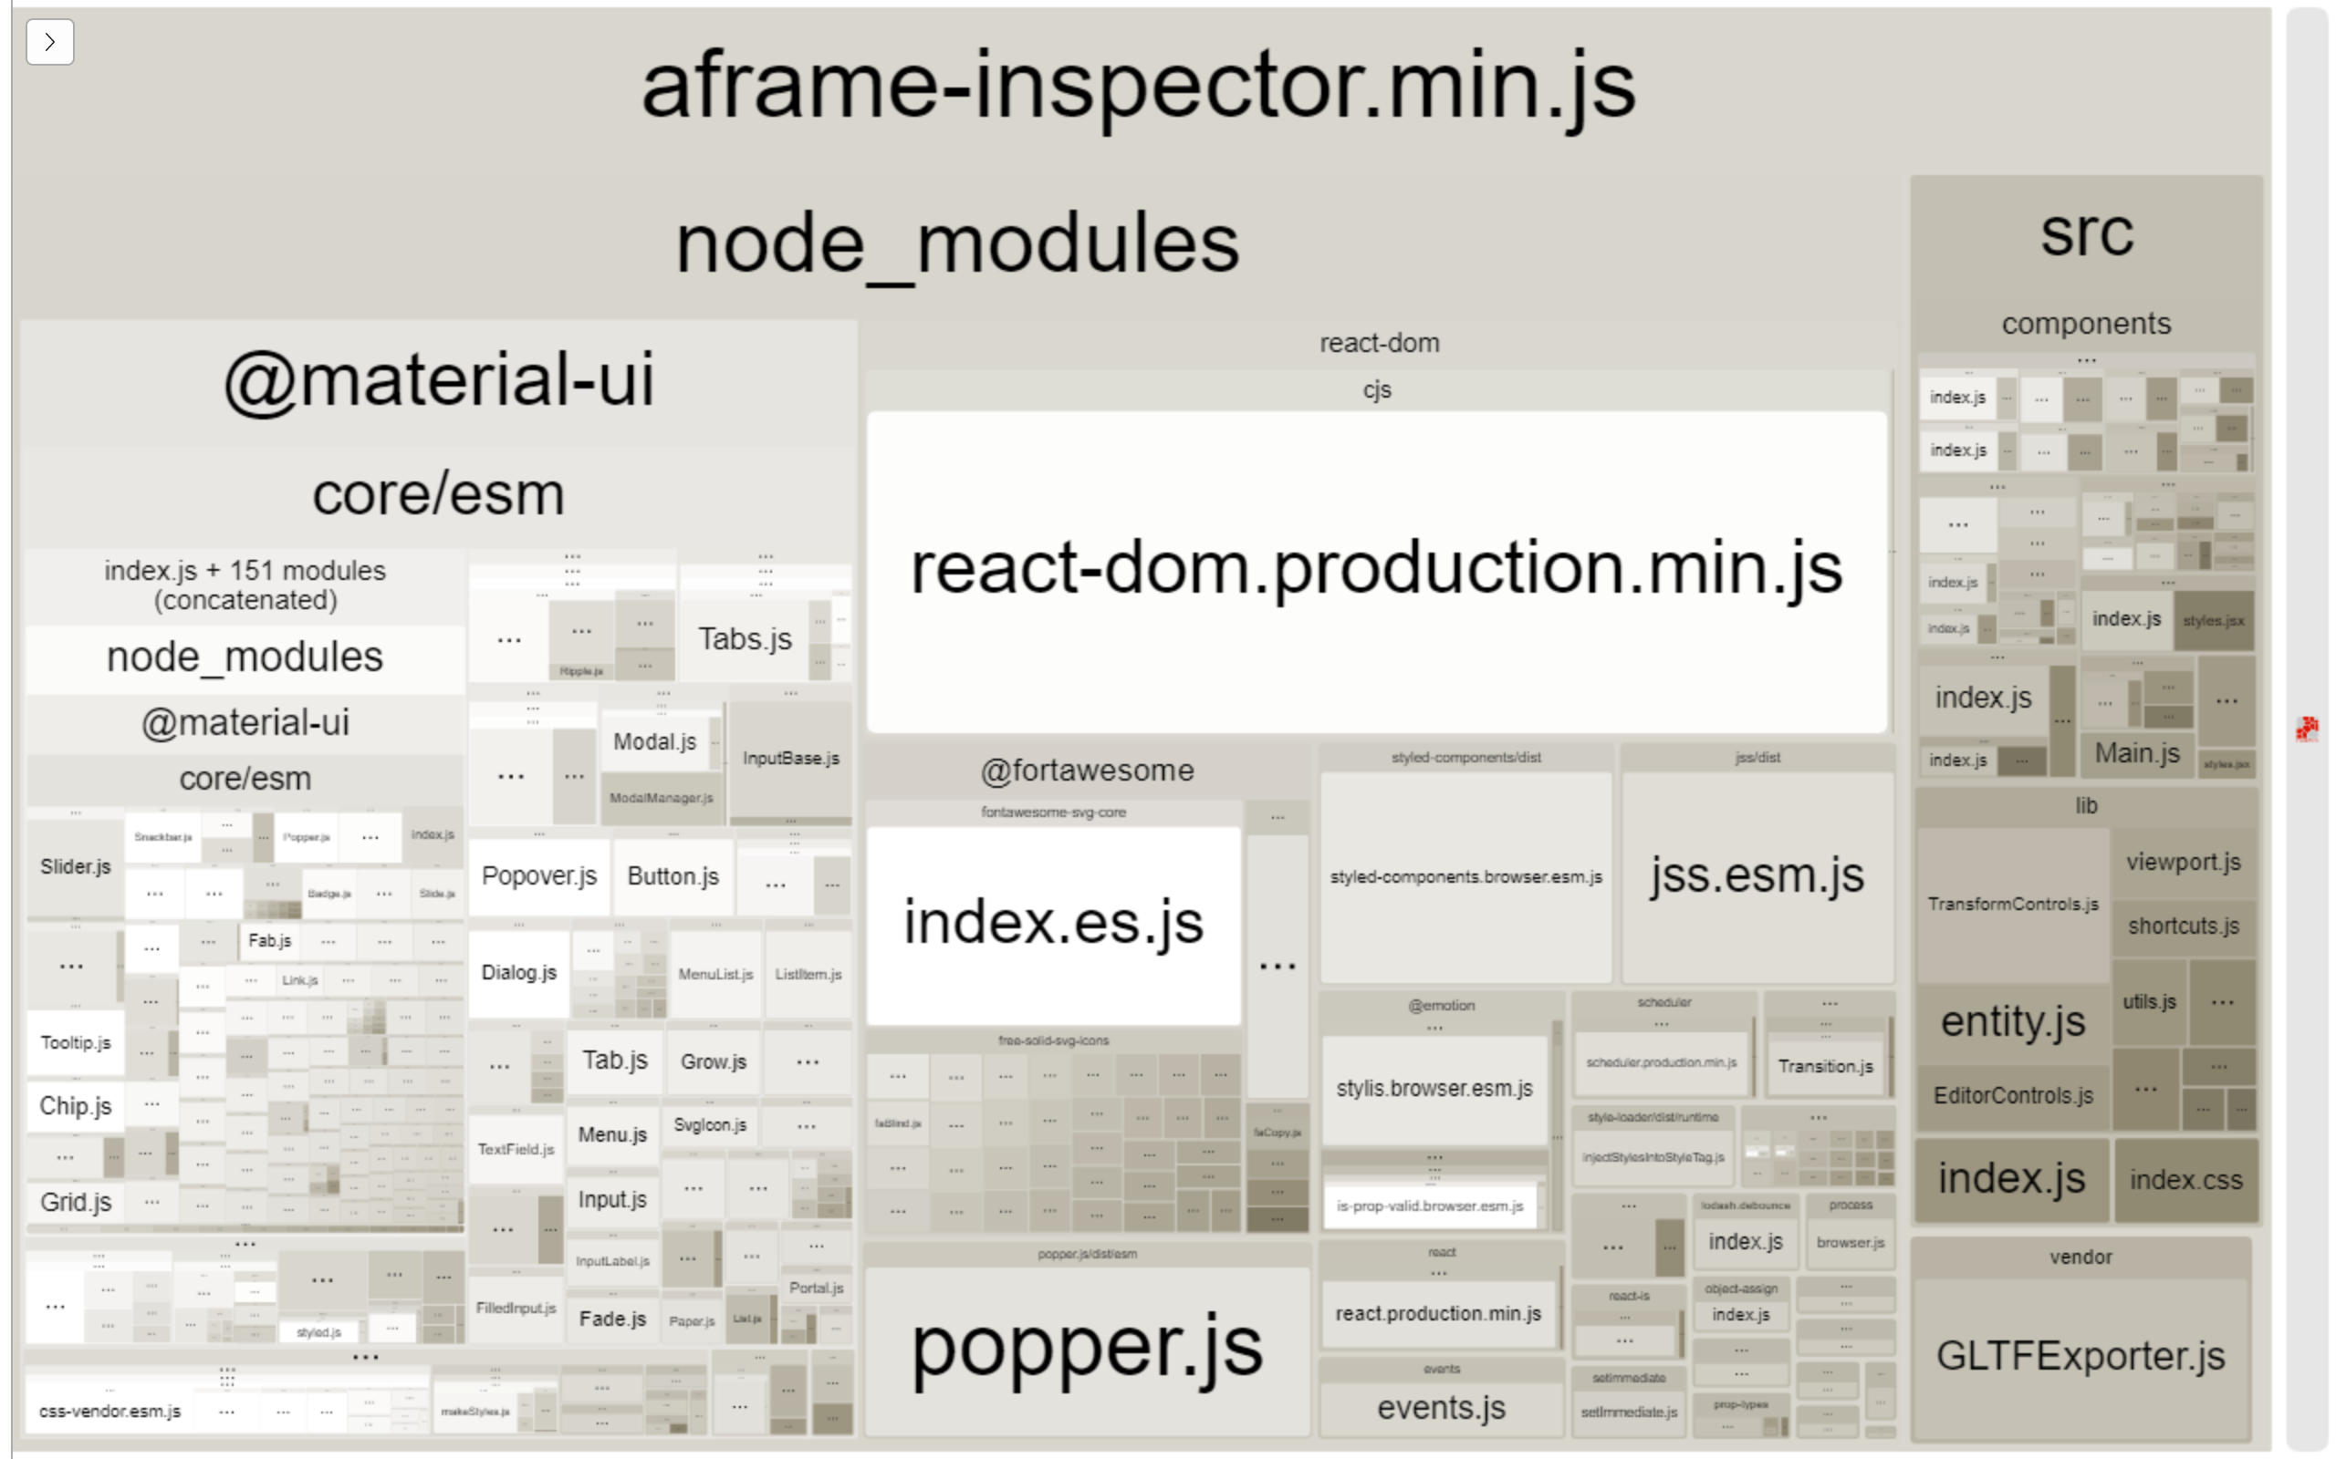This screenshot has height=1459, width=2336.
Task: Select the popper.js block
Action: (1087, 1349)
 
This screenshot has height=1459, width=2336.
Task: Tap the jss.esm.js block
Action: (1757, 876)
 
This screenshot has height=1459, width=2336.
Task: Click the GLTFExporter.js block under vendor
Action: (2080, 1356)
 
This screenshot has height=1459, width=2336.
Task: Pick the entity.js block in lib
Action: (2013, 1021)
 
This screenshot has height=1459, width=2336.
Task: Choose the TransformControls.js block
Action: (2013, 905)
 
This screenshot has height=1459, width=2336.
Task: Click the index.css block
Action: (2185, 1180)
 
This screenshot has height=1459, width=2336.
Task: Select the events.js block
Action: (1441, 1408)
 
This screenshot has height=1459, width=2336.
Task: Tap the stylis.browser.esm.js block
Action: (1434, 1089)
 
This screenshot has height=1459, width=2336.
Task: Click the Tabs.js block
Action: (745, 639)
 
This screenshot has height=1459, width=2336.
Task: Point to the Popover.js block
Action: (538, 876)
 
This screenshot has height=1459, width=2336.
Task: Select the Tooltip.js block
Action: (76, 1043)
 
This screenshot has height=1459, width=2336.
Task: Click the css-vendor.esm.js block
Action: (109, 1411)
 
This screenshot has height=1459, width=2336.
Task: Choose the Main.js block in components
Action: (2137, 753)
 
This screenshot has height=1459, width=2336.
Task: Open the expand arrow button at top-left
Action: (50, 43)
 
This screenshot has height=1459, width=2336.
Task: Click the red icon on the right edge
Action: (2307, 729)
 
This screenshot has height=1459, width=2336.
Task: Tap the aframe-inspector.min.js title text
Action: (1139, 87)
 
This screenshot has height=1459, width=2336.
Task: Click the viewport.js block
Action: (2184, 863)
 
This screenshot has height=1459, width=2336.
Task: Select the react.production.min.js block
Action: (1438, 1313)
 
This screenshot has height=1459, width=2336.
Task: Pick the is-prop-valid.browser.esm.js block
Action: (1430, 1206)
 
